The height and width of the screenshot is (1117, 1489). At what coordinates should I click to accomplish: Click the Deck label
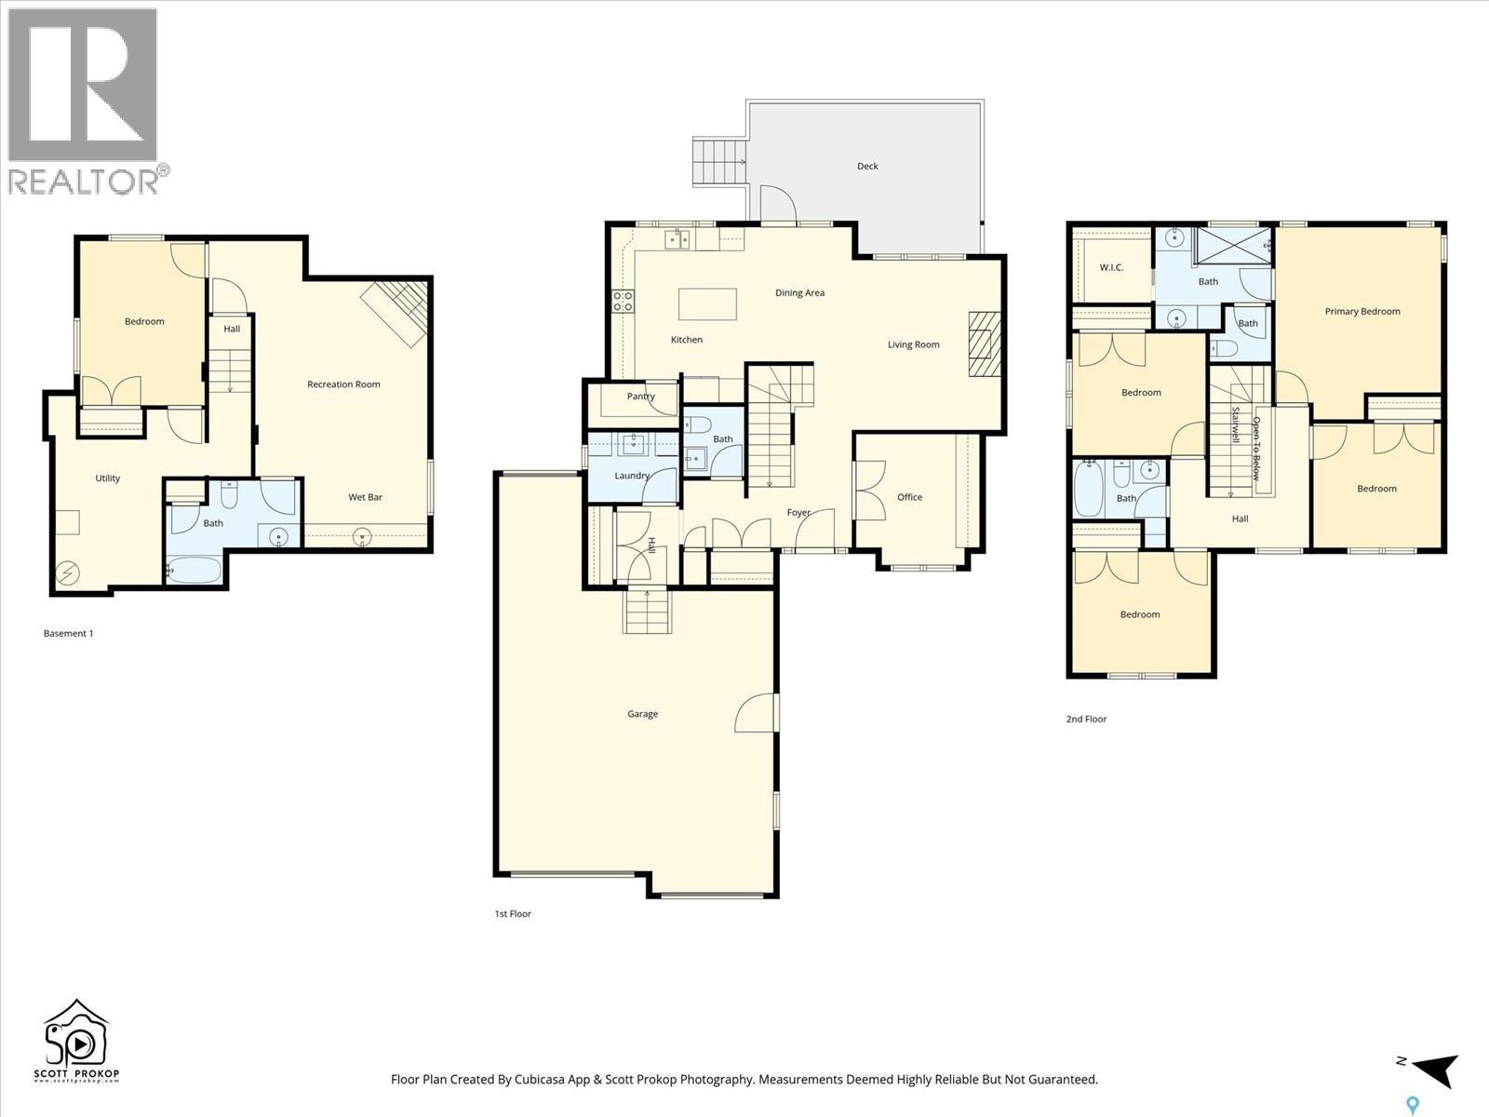[867, 167]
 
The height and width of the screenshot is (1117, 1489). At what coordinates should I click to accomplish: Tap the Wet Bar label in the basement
[365, 497]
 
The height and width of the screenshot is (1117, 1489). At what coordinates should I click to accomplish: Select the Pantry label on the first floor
[640, 397]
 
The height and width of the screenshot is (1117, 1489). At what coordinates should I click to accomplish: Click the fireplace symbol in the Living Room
[981, 343]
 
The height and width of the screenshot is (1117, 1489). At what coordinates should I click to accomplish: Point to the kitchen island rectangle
[707, 304]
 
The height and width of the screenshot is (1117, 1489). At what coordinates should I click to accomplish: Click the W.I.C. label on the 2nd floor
[1111, 267]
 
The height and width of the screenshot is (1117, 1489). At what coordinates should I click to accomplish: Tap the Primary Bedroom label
[1362, 312]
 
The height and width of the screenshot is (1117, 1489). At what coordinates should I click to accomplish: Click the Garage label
[642, 714]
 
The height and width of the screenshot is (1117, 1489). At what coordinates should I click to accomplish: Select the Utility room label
[108, 478]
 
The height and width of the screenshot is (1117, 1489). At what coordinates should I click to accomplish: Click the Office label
[909, 497]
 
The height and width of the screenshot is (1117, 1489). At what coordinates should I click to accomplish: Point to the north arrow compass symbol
[1433, 1070]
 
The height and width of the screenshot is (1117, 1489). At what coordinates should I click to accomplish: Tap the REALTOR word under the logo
[84, 181]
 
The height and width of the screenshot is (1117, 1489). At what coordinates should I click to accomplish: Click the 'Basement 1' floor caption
[68, 634]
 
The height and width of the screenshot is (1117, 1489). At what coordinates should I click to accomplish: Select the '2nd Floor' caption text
[1086, 720]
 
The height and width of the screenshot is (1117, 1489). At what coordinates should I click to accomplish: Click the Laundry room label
[632, 476]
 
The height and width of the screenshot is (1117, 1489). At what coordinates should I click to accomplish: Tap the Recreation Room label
[343, 384]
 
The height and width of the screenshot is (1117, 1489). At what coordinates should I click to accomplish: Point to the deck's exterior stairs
[719, 163]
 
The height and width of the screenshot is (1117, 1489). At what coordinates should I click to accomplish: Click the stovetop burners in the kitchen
[623, 301]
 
